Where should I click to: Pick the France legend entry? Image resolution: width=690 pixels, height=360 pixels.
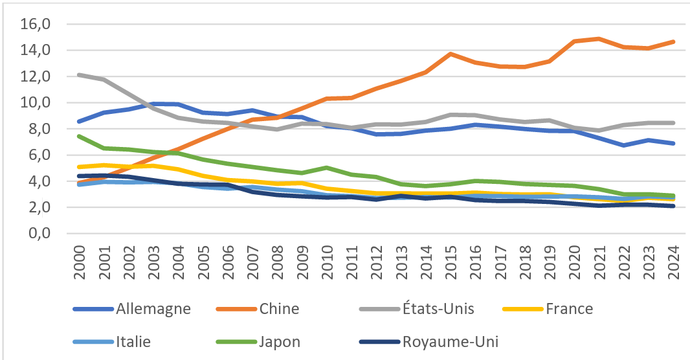[x=569, y=308]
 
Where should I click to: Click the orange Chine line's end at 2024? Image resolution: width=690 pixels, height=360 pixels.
[x=673, y=42]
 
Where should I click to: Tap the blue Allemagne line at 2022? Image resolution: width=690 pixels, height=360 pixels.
[x=624, y=145]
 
